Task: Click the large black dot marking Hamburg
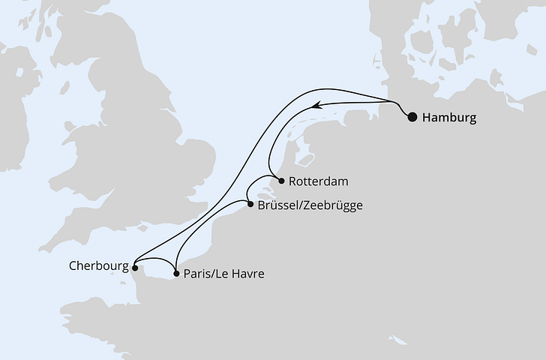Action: [412, 116]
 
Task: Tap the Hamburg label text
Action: [448, 117]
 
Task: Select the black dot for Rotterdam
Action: [280, 181]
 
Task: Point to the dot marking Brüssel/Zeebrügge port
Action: [249, 202]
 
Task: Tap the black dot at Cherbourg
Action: [134, 266]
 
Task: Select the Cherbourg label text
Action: [97, 265]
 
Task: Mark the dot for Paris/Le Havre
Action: [175, 274]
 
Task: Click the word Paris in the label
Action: [196, 274]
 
